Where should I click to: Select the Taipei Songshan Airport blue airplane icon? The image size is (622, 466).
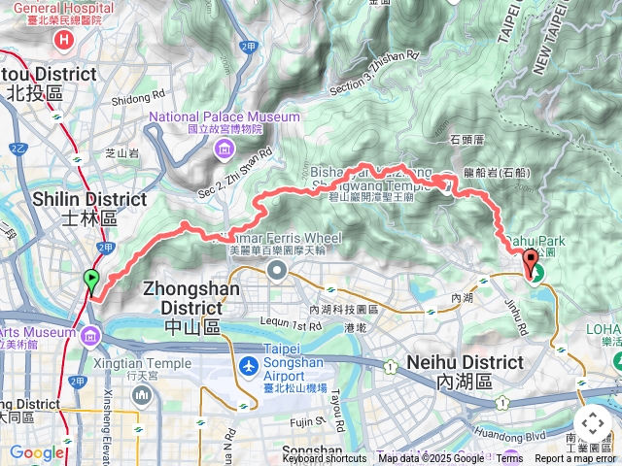249,368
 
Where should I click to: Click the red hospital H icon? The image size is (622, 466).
64,40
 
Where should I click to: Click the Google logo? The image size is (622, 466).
36,452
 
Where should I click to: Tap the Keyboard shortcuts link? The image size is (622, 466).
324,459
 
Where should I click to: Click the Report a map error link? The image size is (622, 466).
576,459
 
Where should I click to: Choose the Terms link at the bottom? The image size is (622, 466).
509,459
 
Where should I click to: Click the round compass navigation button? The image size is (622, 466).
593,424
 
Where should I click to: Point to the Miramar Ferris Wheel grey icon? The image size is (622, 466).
277,270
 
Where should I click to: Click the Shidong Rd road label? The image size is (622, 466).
132,98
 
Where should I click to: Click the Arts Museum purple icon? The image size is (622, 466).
90,336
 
